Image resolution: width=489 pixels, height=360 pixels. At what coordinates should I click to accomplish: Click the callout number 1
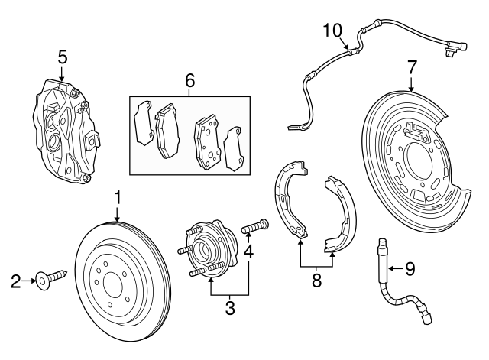(x=118, y=198)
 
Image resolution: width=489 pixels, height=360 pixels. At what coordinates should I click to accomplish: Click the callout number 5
(x=63, y=57)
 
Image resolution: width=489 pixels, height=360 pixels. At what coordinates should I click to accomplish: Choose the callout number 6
(x=190, y=79)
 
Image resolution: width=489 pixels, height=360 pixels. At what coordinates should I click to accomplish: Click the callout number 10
(x=333, y=30)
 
